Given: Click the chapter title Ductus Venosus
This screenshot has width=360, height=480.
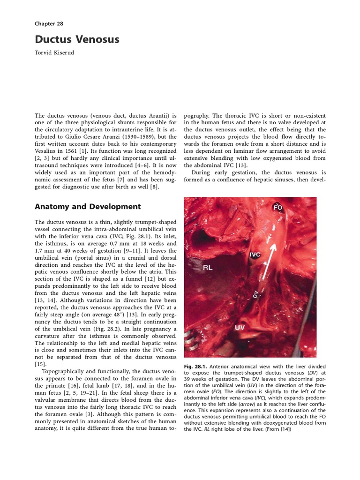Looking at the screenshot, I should (x=77, y=39).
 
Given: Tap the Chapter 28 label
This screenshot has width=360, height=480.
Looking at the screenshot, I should (x=49, y=23).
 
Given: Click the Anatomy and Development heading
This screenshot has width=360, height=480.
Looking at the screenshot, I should (x=88, y=206).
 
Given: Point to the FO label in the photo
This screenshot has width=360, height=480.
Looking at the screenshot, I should (x=278, y=207).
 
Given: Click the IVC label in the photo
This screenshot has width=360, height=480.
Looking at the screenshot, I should (x=255, y=255).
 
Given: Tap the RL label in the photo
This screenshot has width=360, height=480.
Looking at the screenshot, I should (x=208, y=269).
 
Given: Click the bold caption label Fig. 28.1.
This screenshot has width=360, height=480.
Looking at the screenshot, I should (x=195, y=367).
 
